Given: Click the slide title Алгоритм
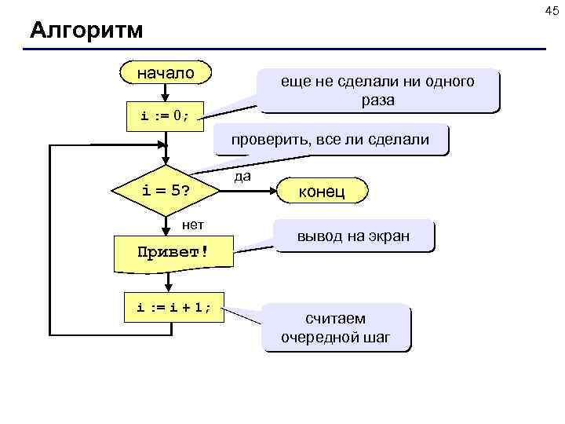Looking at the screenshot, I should click(x=86, y=31).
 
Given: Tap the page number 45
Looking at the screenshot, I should click(x=552, y=9).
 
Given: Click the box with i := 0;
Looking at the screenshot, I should click(x=165, y=116).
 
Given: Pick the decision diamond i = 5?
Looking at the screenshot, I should click(x=165, y=190).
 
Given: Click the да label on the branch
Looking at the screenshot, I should click(x=242, y=177).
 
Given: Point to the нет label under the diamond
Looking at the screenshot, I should click(x=193, y=225).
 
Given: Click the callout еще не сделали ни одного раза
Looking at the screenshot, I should click(x=378, y=91).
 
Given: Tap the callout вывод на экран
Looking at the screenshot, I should click(x=352, y=236).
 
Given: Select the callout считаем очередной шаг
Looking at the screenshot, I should click(x=335, y=327).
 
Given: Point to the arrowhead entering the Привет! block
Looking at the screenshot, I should click(x=165, y=231).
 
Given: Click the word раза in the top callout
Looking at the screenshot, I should click(x=378, y=101).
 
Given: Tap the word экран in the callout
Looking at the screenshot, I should click(x=389, y=236).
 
